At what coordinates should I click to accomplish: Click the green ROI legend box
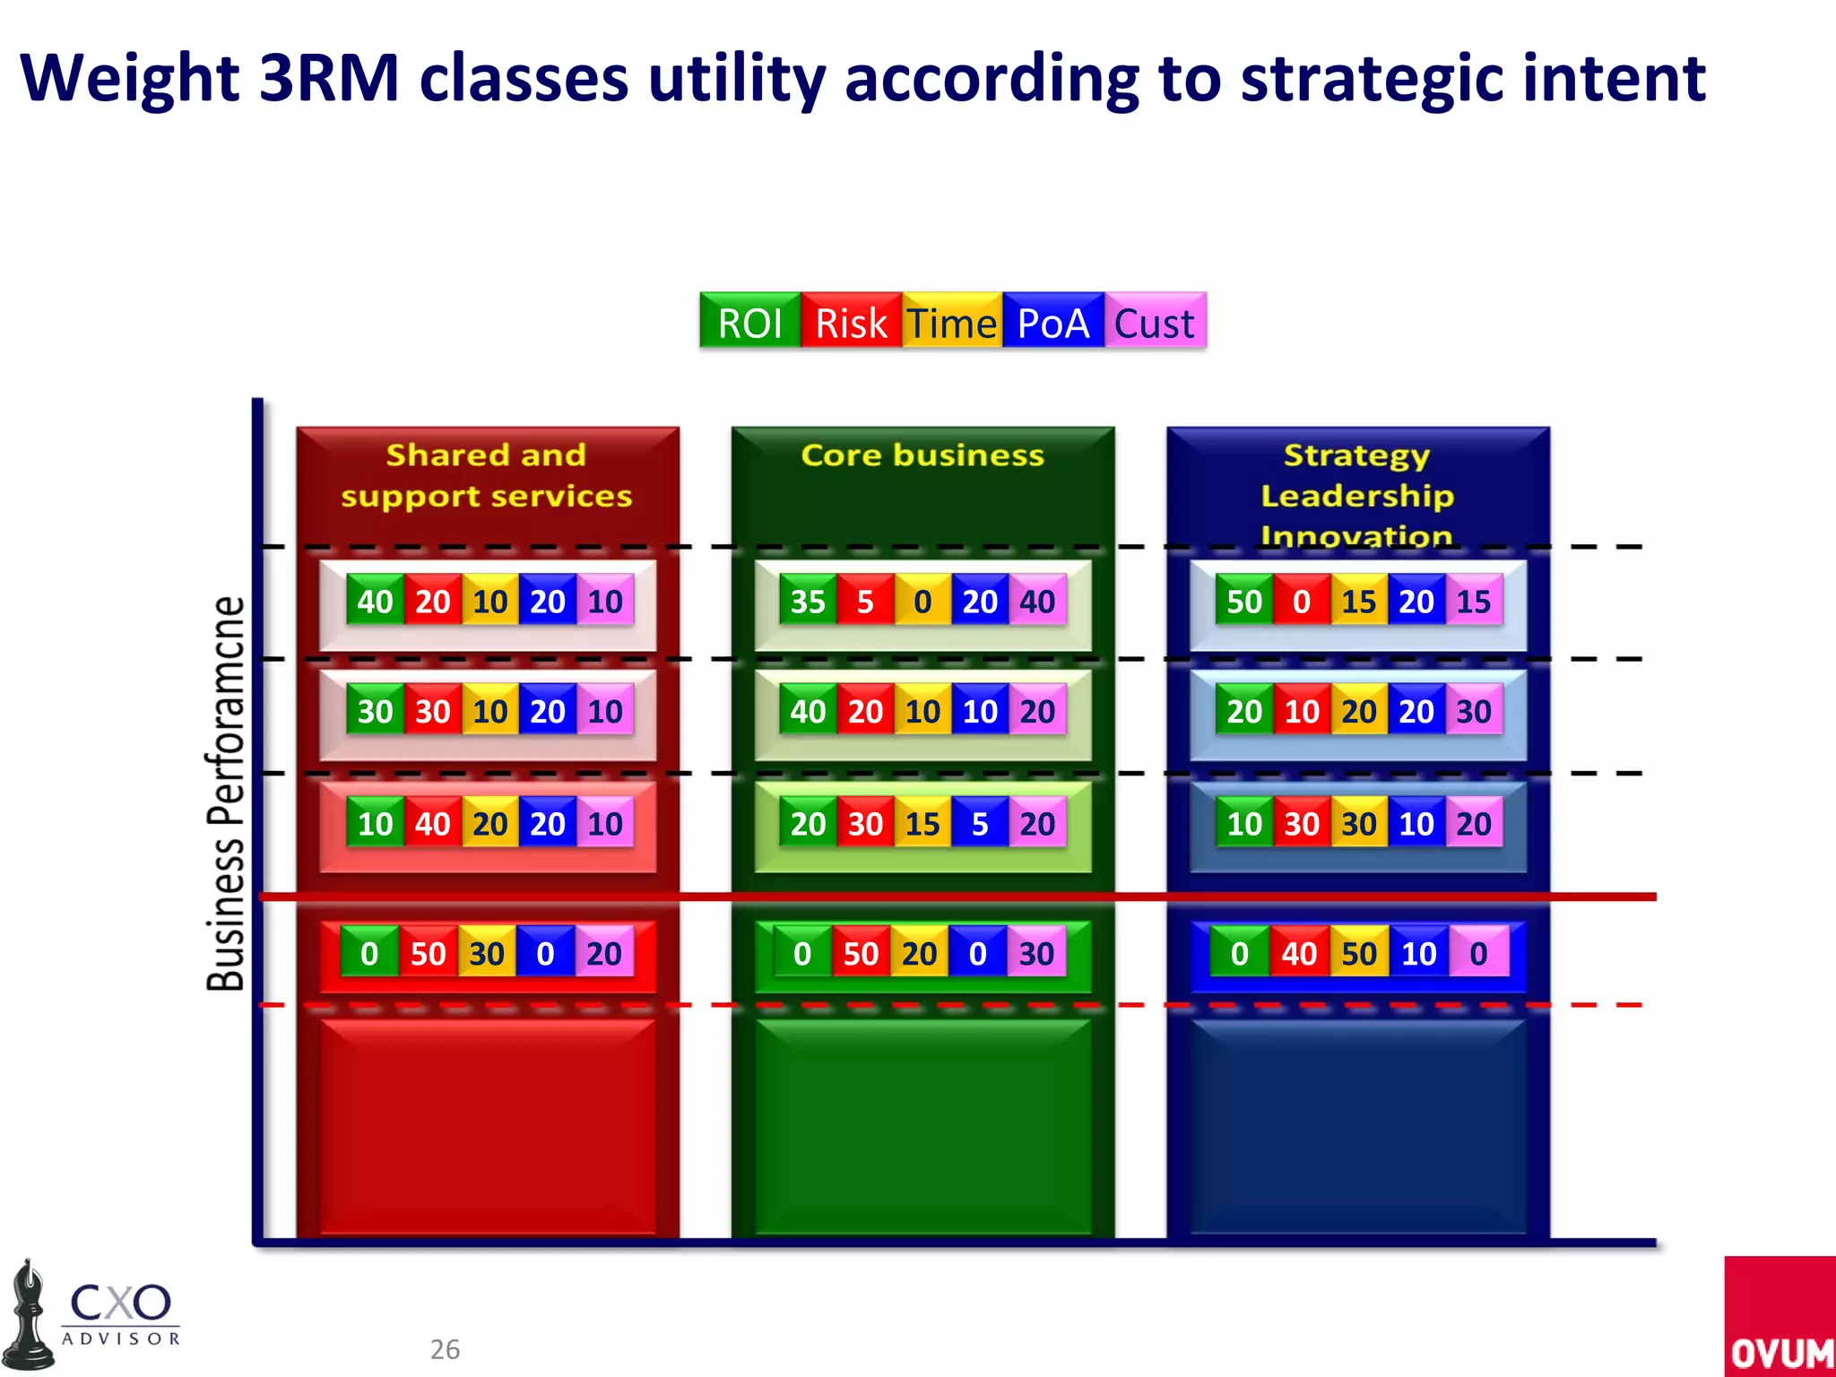pos(750,322)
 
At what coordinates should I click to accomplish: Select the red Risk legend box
pos(852,322)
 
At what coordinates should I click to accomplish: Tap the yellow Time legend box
pos(952,322)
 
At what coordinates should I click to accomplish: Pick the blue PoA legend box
pos(1053,322)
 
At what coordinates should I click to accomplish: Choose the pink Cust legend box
pos(1155,322)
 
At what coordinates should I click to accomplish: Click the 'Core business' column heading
pos(922,455)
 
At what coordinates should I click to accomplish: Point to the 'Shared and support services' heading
pos(487,475)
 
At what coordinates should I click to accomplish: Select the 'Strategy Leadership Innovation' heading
pos(1357,495)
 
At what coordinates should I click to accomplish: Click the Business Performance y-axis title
pos(226,793)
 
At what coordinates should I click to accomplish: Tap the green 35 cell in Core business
pos(808,602)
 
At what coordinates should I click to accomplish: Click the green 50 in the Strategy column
pos(1244,602)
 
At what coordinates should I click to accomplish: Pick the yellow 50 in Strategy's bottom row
pos(1359,953)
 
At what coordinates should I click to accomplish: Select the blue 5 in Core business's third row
pos(980,824)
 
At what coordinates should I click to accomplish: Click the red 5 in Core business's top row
pos(865,602)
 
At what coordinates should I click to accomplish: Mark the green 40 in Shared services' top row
pos(375,602)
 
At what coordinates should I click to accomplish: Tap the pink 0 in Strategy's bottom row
pos(1479,953)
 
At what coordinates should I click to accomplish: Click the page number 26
pos(445,1349)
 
